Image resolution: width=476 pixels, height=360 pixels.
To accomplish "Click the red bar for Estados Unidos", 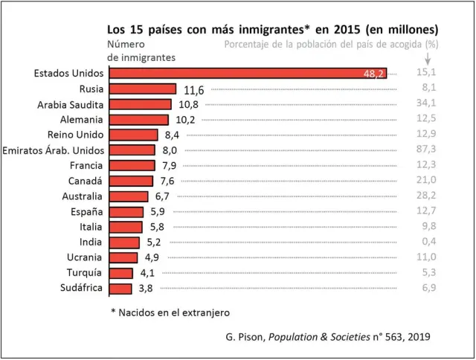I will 245,73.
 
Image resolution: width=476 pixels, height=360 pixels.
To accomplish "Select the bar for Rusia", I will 143,89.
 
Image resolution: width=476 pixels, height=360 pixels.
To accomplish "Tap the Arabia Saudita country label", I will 70,104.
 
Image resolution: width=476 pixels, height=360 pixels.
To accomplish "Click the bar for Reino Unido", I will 134,135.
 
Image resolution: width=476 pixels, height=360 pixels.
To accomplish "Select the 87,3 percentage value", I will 425,150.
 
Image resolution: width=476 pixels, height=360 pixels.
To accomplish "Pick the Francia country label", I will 86,165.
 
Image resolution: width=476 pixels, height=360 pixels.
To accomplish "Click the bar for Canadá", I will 131,181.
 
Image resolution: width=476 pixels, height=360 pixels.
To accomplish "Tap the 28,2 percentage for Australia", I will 425,196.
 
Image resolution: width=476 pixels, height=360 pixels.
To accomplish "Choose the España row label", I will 86,212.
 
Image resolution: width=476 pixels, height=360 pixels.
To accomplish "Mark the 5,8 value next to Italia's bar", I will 157,227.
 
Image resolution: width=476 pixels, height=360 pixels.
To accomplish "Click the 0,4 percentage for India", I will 427,242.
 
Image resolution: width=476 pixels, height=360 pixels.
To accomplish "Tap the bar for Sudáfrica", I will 120,289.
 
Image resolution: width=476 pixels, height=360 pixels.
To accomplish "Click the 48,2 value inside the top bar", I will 373,74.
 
